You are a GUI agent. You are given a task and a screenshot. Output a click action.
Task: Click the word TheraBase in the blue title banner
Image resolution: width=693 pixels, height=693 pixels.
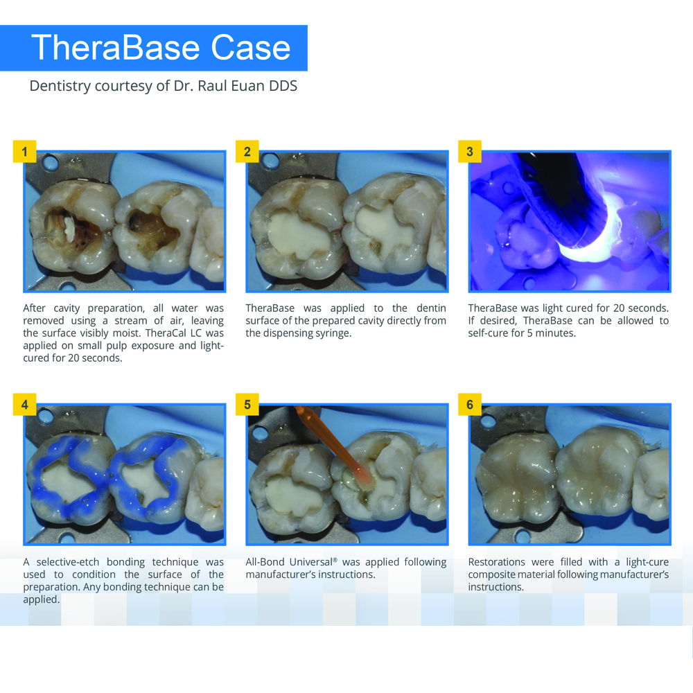(x=115, y=48)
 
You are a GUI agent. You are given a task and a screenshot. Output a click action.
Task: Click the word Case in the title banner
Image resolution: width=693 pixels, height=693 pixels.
(x=251, y=48)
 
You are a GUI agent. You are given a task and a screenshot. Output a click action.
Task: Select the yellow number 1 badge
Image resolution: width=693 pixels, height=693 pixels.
(x=25, y=152)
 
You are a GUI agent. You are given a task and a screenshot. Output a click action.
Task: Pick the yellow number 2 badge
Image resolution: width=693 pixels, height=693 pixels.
(x=247, y=152)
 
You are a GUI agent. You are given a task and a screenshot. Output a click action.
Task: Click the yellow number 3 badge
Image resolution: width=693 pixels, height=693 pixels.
(x=470, y=152)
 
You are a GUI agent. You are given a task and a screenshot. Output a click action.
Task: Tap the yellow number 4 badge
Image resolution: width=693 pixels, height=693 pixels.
(x=25, y=405)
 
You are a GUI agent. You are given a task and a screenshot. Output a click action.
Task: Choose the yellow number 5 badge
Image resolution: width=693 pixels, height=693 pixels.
(x=247, y=405)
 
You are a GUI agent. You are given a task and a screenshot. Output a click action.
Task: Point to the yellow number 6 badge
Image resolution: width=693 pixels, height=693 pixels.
(x=470, y=405)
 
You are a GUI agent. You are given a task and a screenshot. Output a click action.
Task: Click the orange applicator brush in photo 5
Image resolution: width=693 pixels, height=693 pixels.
(x=336, y=446)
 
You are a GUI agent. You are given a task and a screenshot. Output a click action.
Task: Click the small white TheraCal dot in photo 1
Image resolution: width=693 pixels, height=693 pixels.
(x=69, y=227)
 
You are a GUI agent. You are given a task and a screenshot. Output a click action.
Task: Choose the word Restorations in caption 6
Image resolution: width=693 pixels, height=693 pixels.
(x=497, y=562)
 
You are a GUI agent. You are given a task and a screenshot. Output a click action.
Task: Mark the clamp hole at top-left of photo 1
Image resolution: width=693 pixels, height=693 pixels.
(x=49, y=161)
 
